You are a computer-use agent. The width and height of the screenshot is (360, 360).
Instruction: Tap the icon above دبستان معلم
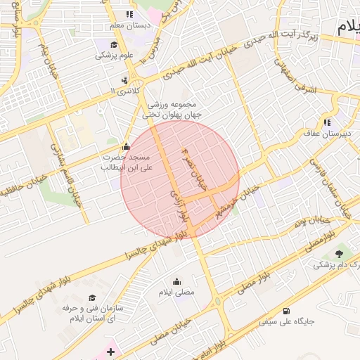coord(129,14)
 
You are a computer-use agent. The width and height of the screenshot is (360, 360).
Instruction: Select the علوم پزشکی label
coord(115,54)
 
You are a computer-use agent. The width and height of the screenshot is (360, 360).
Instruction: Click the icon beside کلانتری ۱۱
coord(124,80)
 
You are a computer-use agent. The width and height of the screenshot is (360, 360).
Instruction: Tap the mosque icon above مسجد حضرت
coord(126,146)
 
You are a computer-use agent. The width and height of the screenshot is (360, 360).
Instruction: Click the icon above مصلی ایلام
coord(176,281)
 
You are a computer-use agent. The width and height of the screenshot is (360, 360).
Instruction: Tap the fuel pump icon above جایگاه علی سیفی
coord(285,311)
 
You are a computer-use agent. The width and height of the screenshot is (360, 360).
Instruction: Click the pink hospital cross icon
coord(110,350)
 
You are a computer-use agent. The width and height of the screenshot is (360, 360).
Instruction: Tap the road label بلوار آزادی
coord(177,202)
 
